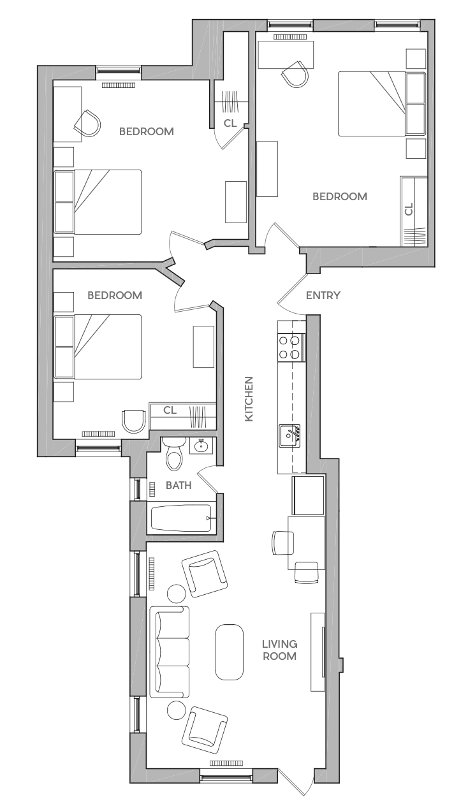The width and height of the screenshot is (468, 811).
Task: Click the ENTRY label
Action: pos(323,295)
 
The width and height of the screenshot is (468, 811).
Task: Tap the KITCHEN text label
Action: pos(249,398)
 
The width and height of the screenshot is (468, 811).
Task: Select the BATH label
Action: pos(179,485)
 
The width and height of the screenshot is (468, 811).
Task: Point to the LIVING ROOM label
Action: pos(280,650)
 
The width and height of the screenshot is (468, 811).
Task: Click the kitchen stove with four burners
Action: pos(291,347)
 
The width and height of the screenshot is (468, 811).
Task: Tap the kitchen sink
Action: pos(289,435)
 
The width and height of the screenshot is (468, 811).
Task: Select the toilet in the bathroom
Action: pos(174,454)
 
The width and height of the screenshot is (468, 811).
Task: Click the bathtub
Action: pos(181,518)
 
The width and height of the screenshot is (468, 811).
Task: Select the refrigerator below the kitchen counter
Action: pos(308,495)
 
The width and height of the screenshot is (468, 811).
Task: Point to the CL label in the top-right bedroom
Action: pos(409,209)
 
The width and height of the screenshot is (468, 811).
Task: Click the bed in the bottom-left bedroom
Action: pos(98,347)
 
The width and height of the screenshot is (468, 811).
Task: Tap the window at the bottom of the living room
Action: pos(226,776)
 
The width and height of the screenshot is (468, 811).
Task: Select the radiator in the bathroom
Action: pos(152,489)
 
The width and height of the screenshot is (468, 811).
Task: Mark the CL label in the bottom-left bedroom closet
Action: pos(170,410)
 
